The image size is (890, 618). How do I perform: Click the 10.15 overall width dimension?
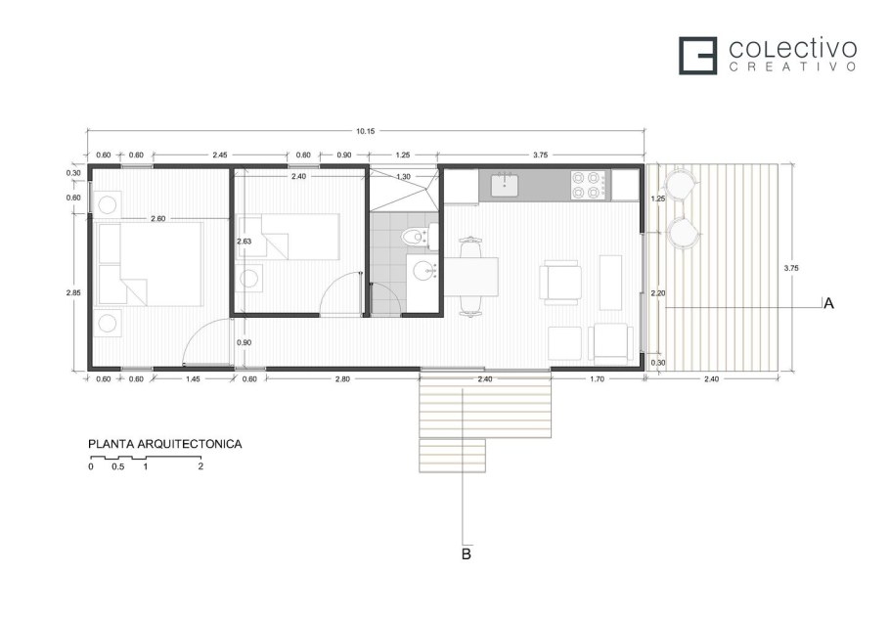(x=365, y=131)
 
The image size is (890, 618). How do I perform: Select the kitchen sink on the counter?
(x=505, y=185)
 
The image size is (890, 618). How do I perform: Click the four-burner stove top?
(x=588, y=185)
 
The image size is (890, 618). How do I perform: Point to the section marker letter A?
(x=828, y=303)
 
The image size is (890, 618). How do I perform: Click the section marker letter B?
(x=466, y=553)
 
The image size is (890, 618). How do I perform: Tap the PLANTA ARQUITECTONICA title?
(x=165, y=444)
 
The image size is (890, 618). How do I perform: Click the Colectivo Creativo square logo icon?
(x=698, y=56)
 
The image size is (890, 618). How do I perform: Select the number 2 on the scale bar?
(x=200, y=466)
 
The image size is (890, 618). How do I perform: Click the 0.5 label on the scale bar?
(x=118, y=466)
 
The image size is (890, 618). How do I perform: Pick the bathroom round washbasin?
(x=423, y=271)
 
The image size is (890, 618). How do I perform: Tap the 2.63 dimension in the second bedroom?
(x=244, y=242)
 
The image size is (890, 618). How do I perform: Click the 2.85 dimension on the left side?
(x=73, y=292)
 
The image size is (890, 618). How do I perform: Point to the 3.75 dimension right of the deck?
(x=790, y=268)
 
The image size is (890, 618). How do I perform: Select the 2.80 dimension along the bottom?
(x=342, y=379)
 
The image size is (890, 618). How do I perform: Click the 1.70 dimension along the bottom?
(x=598, y=379)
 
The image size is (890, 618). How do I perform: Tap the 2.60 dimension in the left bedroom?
(x=157, y=218)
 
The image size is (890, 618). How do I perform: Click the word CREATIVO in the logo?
(x=792, y=66)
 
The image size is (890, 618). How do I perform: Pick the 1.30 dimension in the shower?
(x=403, y=176)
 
